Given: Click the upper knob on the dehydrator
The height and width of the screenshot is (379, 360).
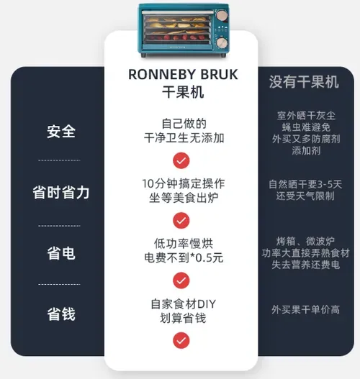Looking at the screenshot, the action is [x=221, y=15].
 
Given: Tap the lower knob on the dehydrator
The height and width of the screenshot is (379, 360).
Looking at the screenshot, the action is [x=221, y=42].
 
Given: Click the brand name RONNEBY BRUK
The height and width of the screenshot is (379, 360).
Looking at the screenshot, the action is [x=183, y=75].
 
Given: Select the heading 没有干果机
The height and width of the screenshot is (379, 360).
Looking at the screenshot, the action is [x=304, y=82].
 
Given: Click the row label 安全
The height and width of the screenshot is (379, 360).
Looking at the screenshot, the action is [x=61, y=132].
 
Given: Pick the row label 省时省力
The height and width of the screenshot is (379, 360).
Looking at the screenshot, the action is [x=61, y=193].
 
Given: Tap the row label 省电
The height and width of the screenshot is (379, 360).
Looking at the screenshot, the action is [x=61, y=254].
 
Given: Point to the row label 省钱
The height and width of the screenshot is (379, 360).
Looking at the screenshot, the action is [x=61, y=314].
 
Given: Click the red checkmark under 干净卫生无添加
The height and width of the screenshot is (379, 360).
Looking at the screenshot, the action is [x=181, y=160].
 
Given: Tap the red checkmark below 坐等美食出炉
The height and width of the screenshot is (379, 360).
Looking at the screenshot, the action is [x=181, y=221].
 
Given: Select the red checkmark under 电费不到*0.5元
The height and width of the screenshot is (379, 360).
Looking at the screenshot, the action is [x=181, y=280].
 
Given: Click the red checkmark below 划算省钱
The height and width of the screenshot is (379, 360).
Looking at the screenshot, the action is [x=181, y=340].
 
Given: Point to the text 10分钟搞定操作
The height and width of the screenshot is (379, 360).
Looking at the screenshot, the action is [x=184, y=183].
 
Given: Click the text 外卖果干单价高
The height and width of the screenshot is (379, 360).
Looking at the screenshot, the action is [x=305, y=310].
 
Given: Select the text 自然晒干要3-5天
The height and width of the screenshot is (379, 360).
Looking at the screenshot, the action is [x=305, y=184].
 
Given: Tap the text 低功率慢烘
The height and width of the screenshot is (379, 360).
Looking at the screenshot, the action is [x=184, y=244].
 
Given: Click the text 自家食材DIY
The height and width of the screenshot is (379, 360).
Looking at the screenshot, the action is [x=183, y=303].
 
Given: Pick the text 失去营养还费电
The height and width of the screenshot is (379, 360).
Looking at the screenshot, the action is [x=305, y=265].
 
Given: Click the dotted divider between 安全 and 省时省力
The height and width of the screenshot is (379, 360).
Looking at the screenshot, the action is [x=59, y=160].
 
